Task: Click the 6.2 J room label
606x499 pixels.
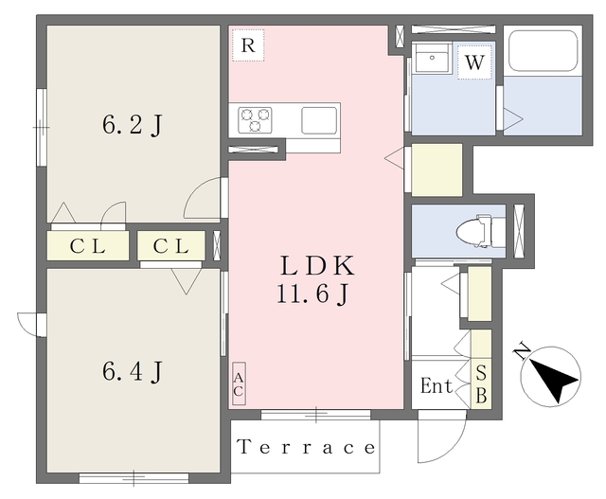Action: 133,125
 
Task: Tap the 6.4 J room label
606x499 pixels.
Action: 133,371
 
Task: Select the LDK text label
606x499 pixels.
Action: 317,265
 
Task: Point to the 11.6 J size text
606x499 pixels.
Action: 313,294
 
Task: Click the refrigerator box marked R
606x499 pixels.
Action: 248,45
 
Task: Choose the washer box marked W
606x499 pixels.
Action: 474,62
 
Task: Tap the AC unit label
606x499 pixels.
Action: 239,384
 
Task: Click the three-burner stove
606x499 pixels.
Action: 255,120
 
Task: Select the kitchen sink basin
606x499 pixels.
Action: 319,120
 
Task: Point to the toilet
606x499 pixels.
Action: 481,231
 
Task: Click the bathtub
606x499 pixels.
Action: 543,51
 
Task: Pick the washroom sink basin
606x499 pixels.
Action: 432,58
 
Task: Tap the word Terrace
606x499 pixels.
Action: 306,447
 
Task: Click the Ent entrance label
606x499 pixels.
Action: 437,385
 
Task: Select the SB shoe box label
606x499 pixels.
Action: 481,384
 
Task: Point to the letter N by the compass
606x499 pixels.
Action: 522,351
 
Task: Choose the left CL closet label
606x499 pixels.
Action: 88,246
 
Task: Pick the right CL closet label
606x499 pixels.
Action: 171,246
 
